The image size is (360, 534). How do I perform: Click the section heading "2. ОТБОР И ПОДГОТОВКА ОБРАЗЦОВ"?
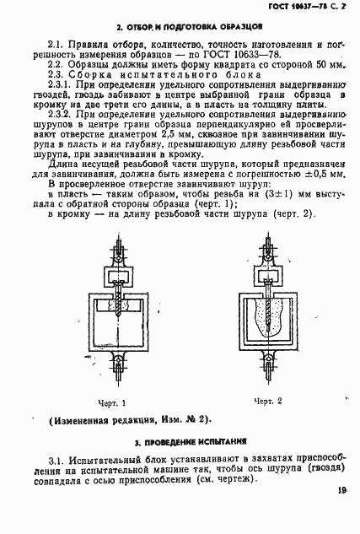(179, 28)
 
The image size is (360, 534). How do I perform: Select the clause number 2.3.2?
(62, 112)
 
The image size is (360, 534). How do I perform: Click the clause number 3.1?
(58, 458)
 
